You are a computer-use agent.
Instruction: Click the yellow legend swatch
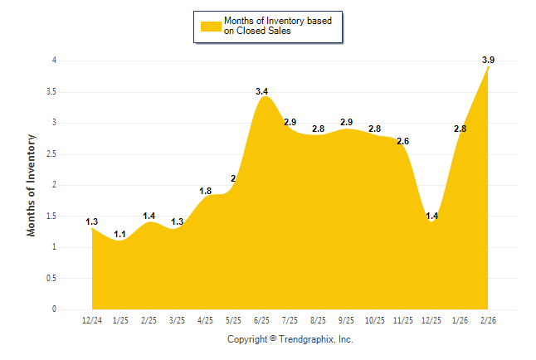(211, 26)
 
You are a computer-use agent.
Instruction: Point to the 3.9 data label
(489, 60)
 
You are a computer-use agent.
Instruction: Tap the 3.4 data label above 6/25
(262, 90)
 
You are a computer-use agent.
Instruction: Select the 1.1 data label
(120, 234)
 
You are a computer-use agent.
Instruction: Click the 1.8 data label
(206, 191)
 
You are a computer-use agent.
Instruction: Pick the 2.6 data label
(403, 141)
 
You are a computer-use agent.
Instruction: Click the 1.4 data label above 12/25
(432, 216)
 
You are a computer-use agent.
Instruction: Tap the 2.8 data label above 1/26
(460, 129)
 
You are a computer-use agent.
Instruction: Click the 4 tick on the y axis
(54, 61)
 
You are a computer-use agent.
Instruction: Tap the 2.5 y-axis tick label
(51, 153)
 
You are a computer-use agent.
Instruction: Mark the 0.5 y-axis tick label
(51, 278)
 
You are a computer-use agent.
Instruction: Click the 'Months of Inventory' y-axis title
(32, 185)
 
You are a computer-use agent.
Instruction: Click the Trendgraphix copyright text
(290, 339)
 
